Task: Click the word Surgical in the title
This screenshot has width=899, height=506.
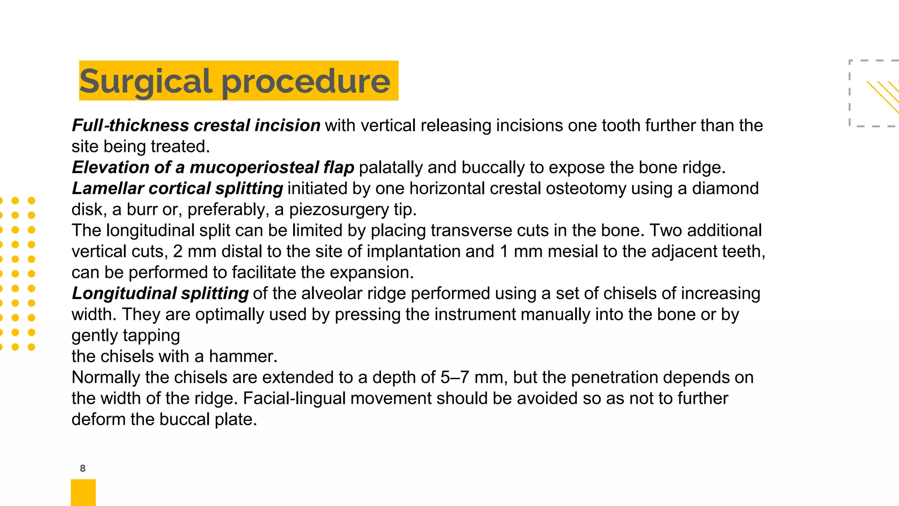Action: tap(145, 82)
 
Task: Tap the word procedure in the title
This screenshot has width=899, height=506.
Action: tap(306, 82)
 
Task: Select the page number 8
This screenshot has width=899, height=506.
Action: tap(83, 468)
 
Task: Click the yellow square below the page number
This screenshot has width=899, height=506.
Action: tap(83, 492)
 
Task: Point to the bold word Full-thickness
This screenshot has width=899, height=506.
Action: tap(130, 126)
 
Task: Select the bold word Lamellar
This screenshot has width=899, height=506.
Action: tap(108, 188)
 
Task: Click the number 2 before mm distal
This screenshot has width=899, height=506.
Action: tap(178, 252)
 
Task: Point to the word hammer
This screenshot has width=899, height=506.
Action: tap(243, 356)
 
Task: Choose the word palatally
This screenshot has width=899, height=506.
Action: tap(391, 167)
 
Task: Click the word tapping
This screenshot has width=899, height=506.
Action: tap(154, 336)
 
